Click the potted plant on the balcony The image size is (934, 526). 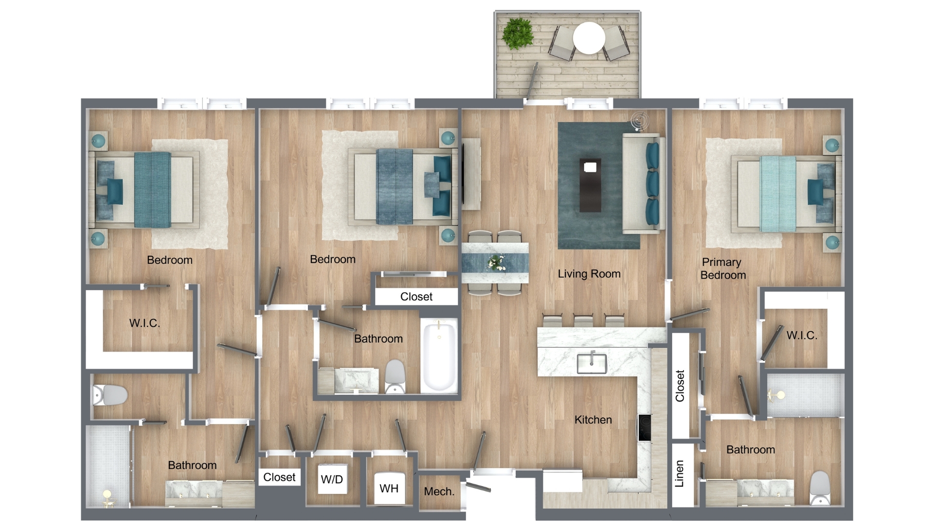pos(518,34)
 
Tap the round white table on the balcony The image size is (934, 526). pos(589,38)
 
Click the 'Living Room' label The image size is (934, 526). pos(589,274)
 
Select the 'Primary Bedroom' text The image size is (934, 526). pos(723,268)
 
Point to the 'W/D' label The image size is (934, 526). pos(332,479)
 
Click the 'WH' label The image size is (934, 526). pos(389,488)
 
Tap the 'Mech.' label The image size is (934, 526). pos(439,491)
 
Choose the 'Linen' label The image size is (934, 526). pos(680,473)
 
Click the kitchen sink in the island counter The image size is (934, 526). pos(592,363)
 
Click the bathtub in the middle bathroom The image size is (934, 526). pos(439,356)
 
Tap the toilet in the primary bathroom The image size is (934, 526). pos(820,488)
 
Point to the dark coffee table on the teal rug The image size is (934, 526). pos(590,185)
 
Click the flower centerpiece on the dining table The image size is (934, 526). pos(497,263)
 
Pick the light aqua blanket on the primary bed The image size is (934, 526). pos(778,193)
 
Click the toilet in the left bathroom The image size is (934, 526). pos(110,395)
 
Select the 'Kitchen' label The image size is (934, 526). pos(593,419)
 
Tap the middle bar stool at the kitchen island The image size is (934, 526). pos(584,320)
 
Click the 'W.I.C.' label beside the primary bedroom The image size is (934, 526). pos(802,335)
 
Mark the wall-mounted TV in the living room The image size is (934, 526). pos(463,174)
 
